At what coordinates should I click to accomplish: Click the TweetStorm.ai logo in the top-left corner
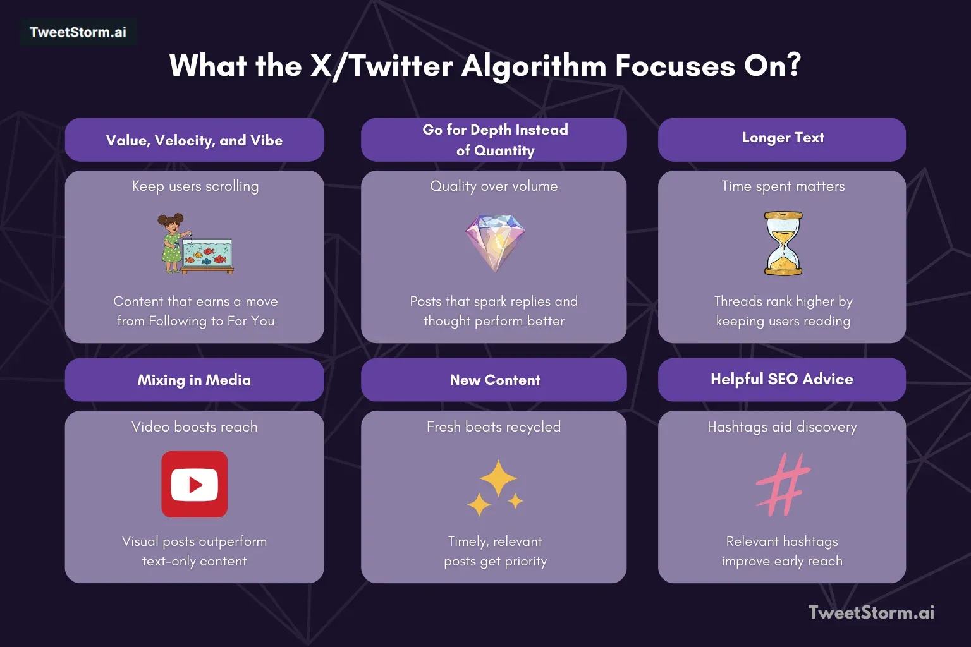tap(78, 32)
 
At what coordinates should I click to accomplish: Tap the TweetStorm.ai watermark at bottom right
tap(871, 612)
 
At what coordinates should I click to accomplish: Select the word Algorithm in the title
tap(534, 66)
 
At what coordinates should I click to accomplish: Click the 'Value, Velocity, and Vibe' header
tap(194, 140)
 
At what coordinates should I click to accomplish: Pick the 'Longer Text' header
tap(783, 138)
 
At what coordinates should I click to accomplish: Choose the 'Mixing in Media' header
tap(194, 380)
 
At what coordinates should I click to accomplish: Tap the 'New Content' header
tap(495, 380)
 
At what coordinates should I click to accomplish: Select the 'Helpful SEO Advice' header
tap(781, 379)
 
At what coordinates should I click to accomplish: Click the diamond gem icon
tap(495, 242)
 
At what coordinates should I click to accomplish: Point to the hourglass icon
tap(783, 243)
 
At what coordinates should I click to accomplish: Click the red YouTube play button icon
tap(194, 485)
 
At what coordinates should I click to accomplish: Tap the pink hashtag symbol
tap(783, 484)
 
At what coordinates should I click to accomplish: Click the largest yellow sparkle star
tap(498, 478)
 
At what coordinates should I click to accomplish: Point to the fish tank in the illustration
tap(208, 253)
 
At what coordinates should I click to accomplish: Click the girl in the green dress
tap(171, 243)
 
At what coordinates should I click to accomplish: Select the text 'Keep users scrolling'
tap(195, 186)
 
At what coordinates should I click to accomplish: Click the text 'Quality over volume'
tap(494, 186)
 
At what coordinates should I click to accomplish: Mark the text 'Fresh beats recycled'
tap(494, 427)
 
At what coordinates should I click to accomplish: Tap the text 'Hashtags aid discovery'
tap(782, 427)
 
